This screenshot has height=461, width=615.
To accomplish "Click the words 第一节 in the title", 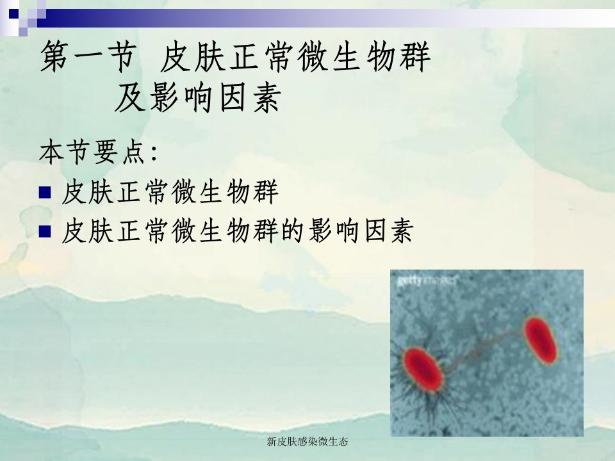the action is click(x=88, y=57).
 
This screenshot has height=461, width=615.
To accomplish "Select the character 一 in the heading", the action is click(x=88, y=56).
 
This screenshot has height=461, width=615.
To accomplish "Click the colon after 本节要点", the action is click(x=154, y=154).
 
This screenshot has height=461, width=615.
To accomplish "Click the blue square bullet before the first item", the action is click(x=45, y=193).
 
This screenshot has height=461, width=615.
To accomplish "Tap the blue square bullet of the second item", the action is click(x=45, y=231).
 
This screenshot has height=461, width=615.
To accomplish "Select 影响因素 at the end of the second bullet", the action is click(x=361, y=230).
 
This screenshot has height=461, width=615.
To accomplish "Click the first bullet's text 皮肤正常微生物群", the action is click(x=170, y=192).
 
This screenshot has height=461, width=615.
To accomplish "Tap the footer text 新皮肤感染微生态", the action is click(x=307, y=441).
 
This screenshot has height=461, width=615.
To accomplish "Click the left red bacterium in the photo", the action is click(x=423, y=369).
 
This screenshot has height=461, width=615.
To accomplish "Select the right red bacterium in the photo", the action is click(x=541, y=340).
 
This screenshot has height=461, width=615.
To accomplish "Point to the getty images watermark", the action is click(x=427, y=280).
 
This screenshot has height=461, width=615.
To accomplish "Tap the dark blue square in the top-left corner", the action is click(x=13, y=13).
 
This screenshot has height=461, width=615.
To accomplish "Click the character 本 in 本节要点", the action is click(x=52, y=152).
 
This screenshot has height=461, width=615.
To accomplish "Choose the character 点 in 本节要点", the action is click(x=133, y=152).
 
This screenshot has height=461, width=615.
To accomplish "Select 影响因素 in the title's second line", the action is click(x=215, y=98).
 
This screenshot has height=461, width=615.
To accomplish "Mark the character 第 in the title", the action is click(x=56, y=57).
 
